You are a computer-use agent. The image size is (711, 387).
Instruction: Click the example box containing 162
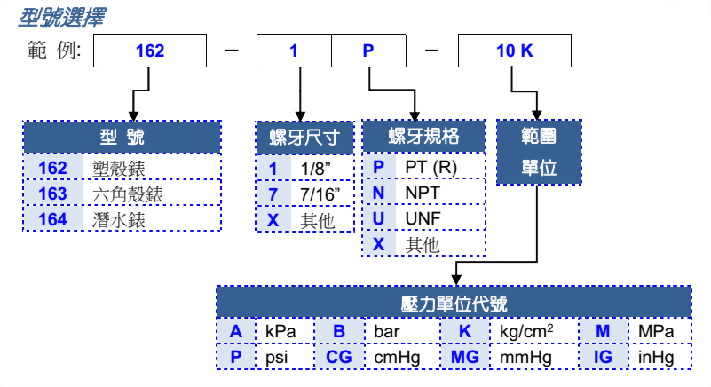point(150,51)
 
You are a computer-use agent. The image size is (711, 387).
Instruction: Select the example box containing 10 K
point(515,51)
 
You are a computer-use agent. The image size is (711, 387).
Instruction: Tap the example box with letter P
point(368,51)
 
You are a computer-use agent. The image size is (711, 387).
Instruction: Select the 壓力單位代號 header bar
point(454,303)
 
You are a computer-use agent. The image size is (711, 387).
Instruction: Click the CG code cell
point(338,358)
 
